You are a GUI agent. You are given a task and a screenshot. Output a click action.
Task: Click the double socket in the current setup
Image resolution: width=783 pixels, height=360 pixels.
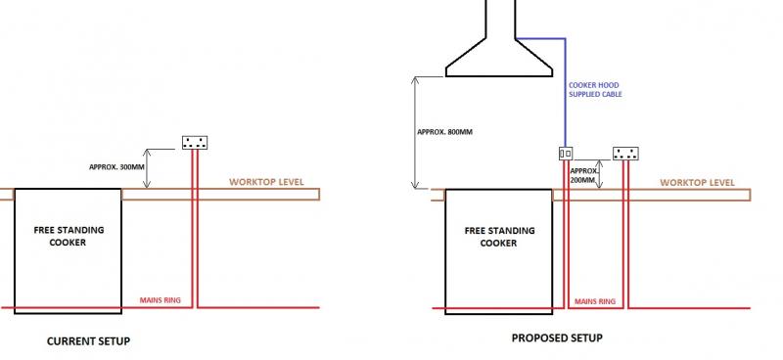point(195,143)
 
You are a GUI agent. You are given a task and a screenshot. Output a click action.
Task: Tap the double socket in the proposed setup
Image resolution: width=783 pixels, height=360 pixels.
point(625,154)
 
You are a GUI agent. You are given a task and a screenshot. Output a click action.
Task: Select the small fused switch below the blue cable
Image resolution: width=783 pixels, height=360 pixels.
point(566,154)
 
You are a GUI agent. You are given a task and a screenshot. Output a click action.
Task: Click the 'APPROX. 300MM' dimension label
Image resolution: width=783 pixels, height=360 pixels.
point(115,167)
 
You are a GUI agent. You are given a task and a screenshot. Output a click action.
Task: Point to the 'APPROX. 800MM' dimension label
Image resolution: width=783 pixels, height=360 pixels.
point(444,132)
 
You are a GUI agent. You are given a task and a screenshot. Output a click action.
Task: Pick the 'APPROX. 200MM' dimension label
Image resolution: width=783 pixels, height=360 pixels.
point(583,175)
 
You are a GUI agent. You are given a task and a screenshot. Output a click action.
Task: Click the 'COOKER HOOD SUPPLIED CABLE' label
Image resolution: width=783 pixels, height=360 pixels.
point(595,90)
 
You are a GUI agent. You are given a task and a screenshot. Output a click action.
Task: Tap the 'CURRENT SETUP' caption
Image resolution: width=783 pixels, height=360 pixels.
point(88,341)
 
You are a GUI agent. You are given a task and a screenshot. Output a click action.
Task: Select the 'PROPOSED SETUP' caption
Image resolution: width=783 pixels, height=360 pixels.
point(557,338)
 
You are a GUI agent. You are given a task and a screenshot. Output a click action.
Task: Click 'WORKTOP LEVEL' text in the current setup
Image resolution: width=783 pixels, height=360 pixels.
point(266,182)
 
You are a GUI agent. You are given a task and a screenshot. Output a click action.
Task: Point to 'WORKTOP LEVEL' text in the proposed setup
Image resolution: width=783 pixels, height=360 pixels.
point(698,183)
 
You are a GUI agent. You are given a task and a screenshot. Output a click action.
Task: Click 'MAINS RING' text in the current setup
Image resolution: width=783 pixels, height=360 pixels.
point(161,300)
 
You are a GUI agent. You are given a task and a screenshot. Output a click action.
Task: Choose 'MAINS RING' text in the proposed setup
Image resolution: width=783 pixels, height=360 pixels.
point(595,301)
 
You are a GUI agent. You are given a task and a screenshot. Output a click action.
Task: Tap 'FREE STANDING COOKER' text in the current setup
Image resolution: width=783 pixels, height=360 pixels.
point(69,236)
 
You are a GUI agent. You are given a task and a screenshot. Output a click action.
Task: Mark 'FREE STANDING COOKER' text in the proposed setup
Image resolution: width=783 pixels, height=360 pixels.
point(499,237)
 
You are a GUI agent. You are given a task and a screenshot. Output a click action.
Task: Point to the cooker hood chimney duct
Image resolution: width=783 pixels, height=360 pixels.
point(500,19)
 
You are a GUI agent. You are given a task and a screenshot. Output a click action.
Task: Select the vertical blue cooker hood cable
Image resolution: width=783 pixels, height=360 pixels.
point(566,92)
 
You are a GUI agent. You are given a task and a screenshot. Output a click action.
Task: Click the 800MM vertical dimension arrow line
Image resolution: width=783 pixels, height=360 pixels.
point(415,132)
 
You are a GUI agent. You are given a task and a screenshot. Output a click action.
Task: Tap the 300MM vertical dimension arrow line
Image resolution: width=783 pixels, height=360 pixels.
point(146,168)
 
